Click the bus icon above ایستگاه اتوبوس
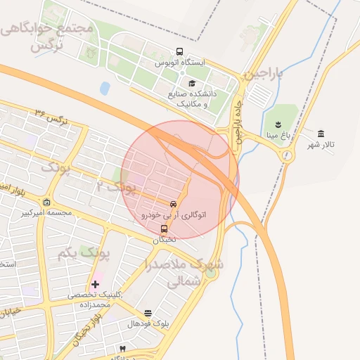point(180,52)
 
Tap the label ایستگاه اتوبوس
point(180,63)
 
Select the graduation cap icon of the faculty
point(192,83)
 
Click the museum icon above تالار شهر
point(321,134)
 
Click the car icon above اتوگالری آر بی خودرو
point(173,204)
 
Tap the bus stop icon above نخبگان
point(164,229)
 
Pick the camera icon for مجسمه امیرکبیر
point(46,202)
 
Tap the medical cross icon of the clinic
point(95,284)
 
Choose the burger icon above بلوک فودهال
point(148,313)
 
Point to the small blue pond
point(105,88)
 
